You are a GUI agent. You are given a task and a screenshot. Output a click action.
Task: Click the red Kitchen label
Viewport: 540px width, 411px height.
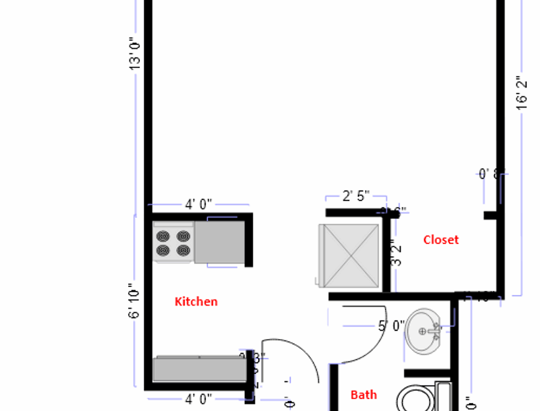click(x=196, y=301)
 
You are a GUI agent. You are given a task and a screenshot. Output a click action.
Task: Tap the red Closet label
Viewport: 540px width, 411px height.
click(x=441, y=239)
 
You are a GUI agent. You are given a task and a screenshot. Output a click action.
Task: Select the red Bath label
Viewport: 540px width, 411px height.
click(x=364, y=395)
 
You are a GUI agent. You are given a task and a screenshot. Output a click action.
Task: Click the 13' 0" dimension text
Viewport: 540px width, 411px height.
click(x=135, y=53)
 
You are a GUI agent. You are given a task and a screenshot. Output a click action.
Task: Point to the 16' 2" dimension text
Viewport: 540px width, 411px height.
click(x=522, y=92)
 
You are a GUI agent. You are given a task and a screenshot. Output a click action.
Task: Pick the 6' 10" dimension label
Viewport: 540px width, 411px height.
click(x=135, y=303)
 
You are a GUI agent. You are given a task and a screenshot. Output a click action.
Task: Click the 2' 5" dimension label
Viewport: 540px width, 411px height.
click(x=356, y=196)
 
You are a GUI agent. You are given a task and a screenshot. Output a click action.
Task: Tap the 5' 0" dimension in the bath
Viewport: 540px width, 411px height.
click(x=391, y=325)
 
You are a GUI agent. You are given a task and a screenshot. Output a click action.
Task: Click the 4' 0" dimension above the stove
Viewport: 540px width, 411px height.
click(x=198, y=205)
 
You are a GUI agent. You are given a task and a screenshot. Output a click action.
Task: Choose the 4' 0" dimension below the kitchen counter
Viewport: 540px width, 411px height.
click(x=198, y=398)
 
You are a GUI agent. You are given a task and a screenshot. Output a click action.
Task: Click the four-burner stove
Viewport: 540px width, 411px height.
click(x=174, y=242)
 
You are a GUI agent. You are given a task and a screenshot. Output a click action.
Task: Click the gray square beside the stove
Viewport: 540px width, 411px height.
click(x=219, y=242)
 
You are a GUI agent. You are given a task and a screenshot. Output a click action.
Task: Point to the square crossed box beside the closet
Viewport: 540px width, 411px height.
click(x=350, y=256)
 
